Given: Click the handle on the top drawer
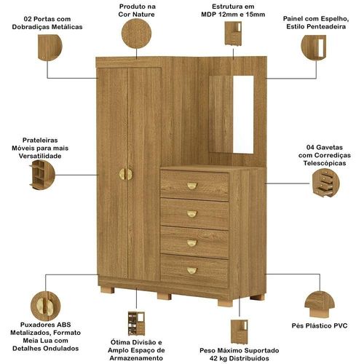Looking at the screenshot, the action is (192, 186).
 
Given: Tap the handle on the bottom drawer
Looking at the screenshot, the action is (192, 270).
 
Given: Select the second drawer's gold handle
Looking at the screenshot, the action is (192, 214).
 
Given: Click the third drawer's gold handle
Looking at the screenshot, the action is (192, 243).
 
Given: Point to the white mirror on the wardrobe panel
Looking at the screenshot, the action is (243, 114).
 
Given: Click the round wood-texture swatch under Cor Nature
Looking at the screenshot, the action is (136, 33).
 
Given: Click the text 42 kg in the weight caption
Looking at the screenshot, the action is (218, 358).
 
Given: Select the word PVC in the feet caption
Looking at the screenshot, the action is (340, 325).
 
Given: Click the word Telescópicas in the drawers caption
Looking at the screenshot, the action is (325, 163).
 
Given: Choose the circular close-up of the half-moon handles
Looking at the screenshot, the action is (45, 306).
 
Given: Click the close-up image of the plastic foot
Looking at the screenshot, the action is (320, 305).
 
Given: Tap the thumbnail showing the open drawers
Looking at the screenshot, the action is (325, 183).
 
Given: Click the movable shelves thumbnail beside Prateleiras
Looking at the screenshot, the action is (41, 175).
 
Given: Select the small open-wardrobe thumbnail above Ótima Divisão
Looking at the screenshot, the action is (136, 323).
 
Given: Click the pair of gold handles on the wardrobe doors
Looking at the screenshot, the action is (126, 174).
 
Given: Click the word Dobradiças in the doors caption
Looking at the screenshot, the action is (29, 27).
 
